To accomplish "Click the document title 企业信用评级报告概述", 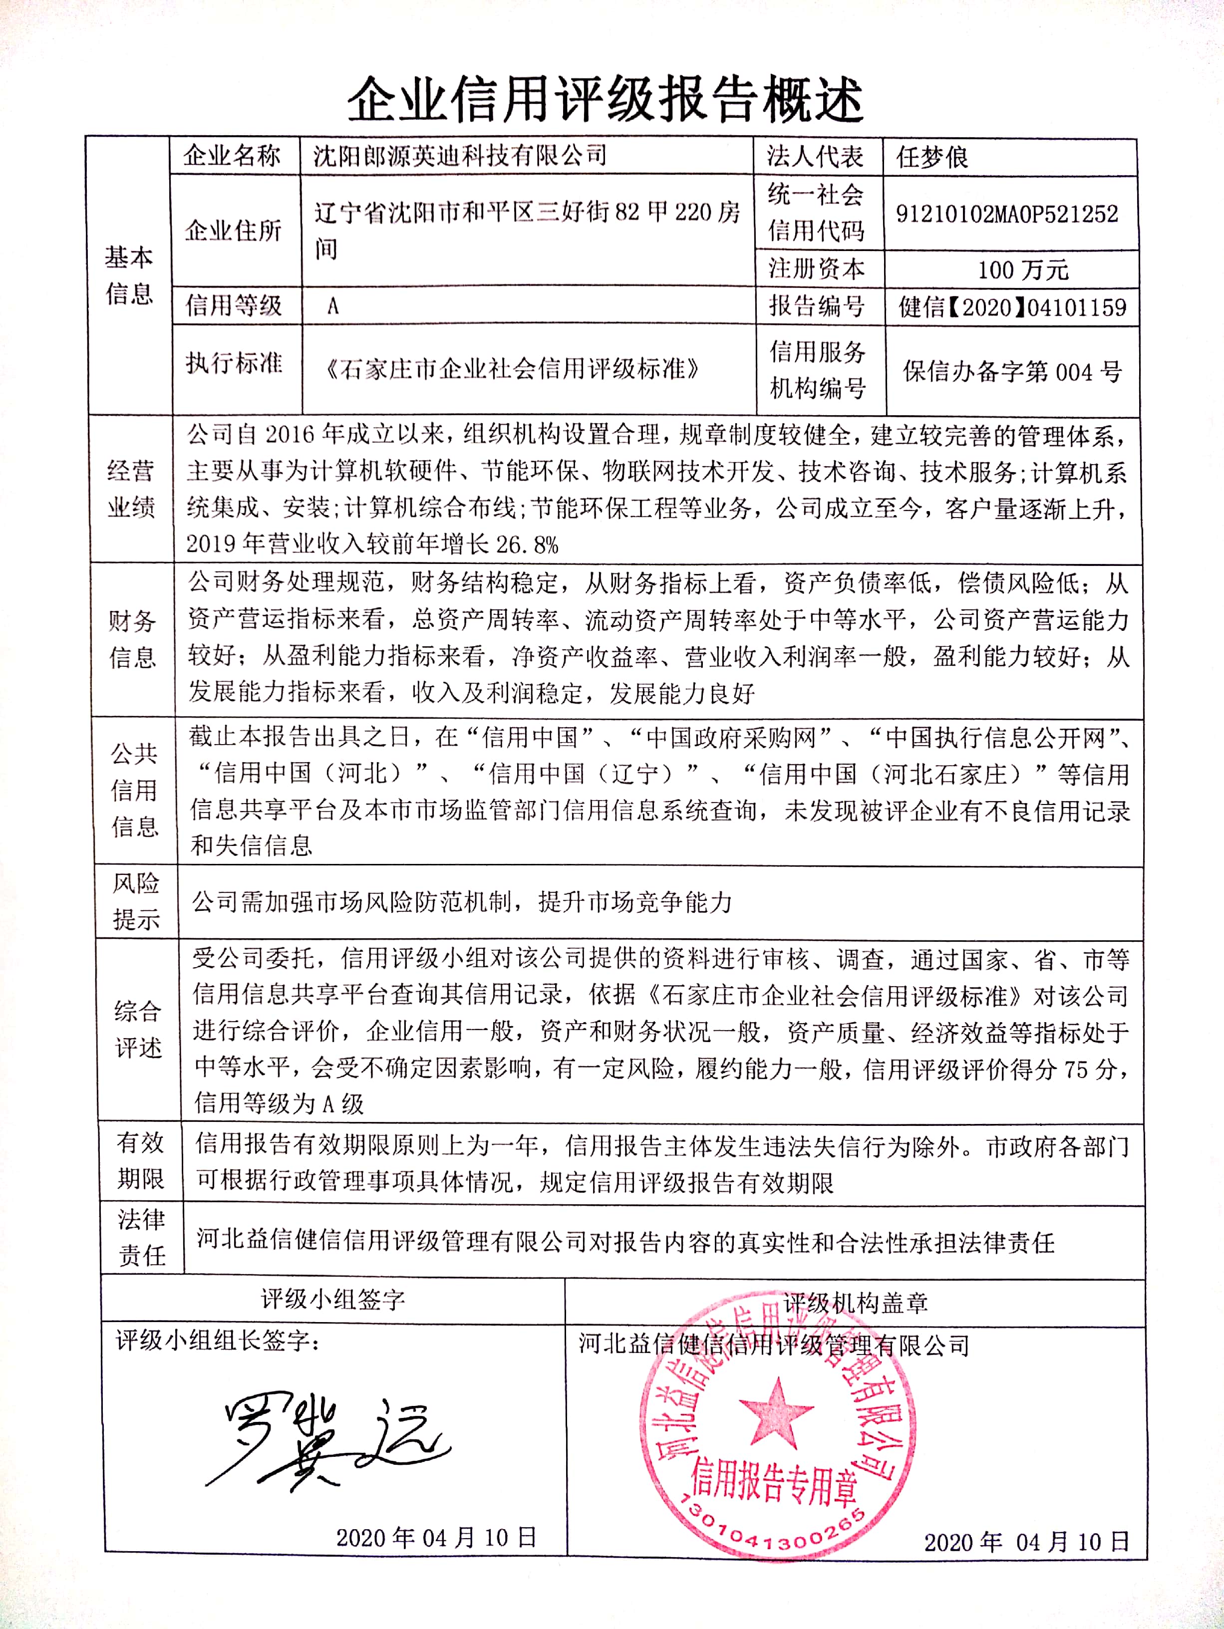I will click(x=606, y=100).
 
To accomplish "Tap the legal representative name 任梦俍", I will click(x=931, y=157).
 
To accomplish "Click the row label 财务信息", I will click(x=133, y=638).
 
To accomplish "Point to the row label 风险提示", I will click(x=135, y=901).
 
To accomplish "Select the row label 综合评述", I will click(x=138, y=1029).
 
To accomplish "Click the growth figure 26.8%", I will click(x=527, y=545).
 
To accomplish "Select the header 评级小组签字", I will click(x=333, y=1300).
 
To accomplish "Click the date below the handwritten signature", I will click(x=436, y=1537).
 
